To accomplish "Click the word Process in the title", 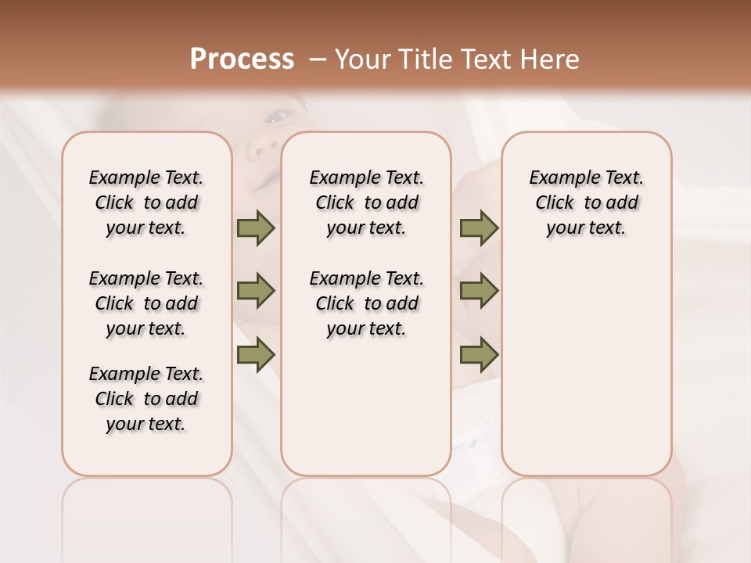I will point(242,59).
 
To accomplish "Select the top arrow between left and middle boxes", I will point(256,228).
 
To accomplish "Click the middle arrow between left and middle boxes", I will point(256,292).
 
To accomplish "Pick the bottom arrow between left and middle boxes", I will point(256,355).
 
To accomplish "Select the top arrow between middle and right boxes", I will point(479,228).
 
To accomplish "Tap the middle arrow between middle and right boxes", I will point(479,292).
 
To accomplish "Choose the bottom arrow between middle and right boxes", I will point(479,355).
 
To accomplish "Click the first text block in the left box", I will point(146,203).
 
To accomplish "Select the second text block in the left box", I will point(146,303).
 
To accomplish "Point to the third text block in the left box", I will point(146,399).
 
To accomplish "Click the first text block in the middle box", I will point(366,203).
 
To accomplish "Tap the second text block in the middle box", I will point(366,303).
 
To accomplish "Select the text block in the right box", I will point(586,203).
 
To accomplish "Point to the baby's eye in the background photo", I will point(275,117).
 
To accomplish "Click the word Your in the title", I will point(361,59).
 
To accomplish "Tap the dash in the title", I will point(317,59).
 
